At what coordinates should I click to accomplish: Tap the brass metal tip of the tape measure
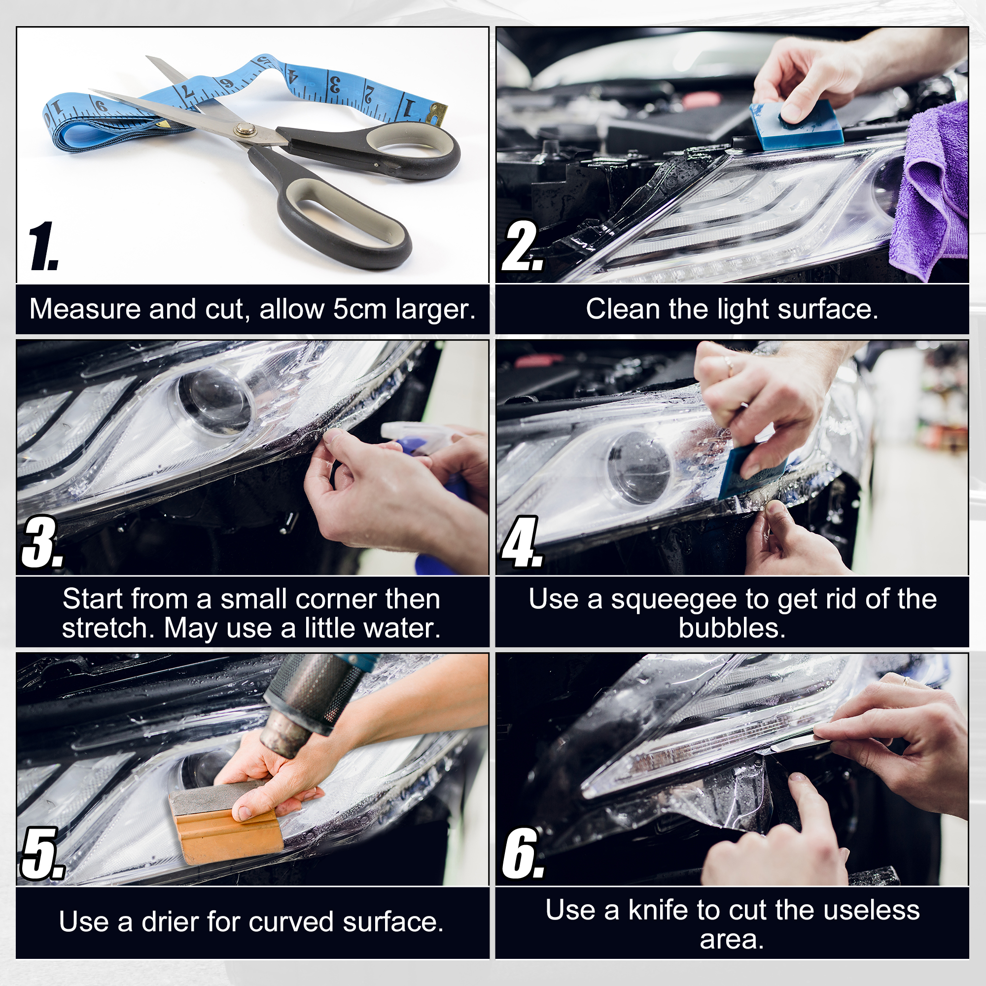(438, 112)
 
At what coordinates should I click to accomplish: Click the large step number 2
(523, 246)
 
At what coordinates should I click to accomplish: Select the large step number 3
(42, 542)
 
